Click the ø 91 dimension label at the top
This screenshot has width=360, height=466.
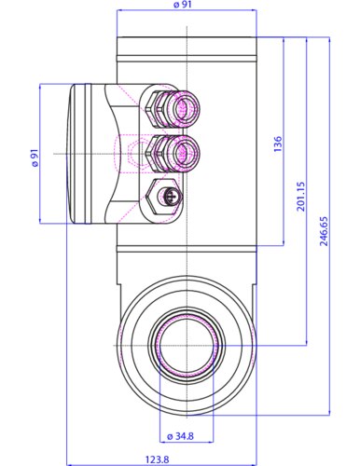coord(186,6)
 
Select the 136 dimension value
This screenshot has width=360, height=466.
coord(277,144)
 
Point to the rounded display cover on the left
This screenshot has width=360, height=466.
coord(79,154)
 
